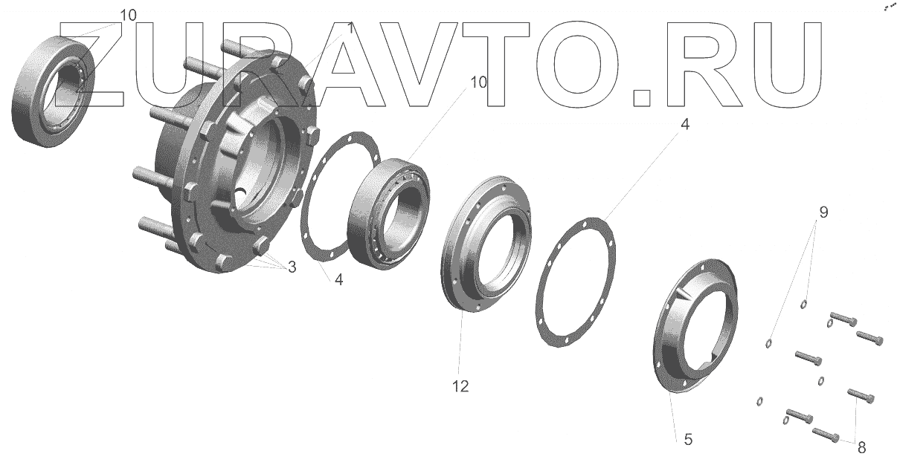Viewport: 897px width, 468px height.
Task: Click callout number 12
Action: (x=460, y=386)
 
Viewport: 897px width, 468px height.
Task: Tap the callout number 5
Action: (x=688, y=440)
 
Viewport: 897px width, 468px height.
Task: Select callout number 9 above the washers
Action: (x=823, y=212)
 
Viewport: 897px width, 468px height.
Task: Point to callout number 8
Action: (x=862, y=447)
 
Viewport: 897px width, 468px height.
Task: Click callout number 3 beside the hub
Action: (x=292, y=267)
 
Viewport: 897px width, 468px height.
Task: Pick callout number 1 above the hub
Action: (x=350, y=28)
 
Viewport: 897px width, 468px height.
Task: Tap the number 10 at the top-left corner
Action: (x=128, y=15)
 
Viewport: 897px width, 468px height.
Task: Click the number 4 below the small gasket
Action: (x=338, y=279)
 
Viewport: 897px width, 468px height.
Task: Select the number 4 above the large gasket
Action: (x=685, y=124)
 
